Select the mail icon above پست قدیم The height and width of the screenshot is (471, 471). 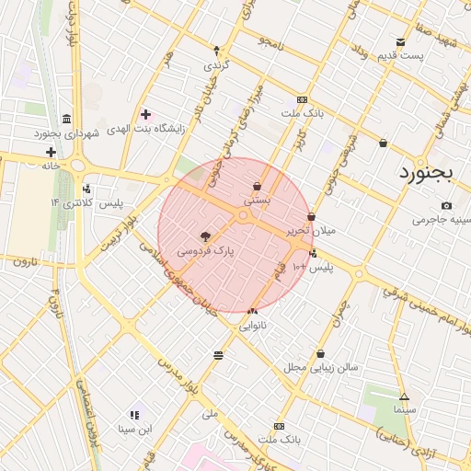[x=400, y=41]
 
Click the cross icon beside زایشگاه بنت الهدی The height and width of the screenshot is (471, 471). [x=145, y=114]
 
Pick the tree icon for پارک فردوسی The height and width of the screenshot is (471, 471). [x=205, y=236]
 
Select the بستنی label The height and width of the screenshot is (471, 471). [x=257, y=199]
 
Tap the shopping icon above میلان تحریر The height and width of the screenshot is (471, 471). [x=312, y=217]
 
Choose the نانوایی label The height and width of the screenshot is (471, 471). [x=253, y=326]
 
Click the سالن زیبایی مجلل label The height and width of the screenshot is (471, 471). [x=320, y=367]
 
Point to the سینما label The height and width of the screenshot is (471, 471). [x=404, y=408]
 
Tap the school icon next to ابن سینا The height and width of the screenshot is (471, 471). [x=134, y=415]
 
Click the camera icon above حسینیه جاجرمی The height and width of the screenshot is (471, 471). [x=447, y=206]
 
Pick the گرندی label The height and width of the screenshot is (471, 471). [x=217, y=66]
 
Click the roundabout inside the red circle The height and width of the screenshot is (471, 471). [x=244, y=216]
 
